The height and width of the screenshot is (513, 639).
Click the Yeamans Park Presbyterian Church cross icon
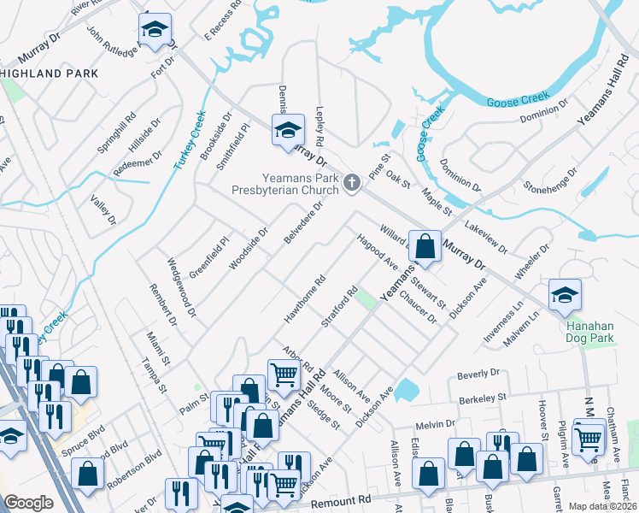(350, 182)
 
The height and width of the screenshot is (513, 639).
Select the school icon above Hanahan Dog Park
(565, 295)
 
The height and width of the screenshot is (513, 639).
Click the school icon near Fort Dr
(155, 30)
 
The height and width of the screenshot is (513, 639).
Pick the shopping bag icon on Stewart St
(425, 246)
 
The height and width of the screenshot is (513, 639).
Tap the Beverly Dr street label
(478, 374)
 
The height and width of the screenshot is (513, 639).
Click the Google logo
(28, 503)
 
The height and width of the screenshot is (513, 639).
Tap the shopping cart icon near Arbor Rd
(283, 373)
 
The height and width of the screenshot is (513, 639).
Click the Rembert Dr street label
(161, 304)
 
